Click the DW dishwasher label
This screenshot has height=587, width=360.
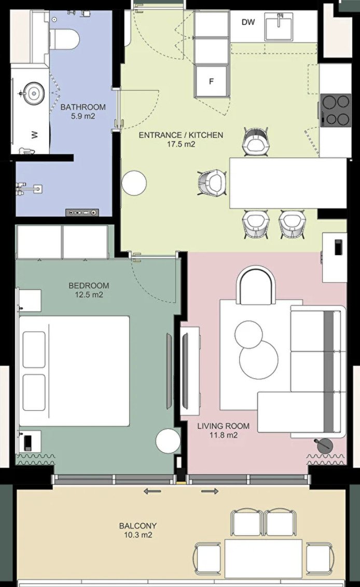point(248,22)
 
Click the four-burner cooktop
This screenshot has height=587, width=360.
point(336,110)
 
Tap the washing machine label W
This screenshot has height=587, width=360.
point(35,134)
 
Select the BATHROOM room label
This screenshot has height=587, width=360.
point(83,107)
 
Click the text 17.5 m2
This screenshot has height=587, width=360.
point(181,144)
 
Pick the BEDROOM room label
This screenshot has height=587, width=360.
point(89,286)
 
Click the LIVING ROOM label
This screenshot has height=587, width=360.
point(223,426)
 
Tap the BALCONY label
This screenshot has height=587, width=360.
point(138,526)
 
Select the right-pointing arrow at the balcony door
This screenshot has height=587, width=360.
point(210,491)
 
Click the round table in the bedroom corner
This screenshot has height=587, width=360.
point(168,441)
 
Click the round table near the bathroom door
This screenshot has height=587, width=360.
point(134,183)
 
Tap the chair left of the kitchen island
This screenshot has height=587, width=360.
point(212,183)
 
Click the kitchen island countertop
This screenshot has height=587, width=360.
point(288,183)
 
